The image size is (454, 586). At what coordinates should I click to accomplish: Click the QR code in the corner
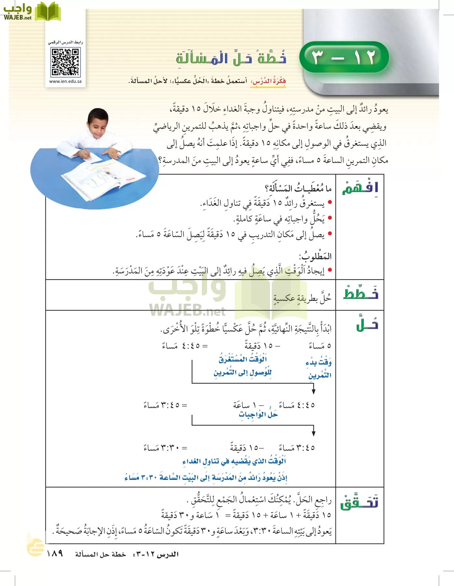[x=65, y=62]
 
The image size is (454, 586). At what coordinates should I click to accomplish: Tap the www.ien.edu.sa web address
[x=65, y=81]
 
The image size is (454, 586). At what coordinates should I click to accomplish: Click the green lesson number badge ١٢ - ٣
[x=344, y=57]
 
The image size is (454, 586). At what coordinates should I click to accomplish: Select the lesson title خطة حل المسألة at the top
[x=231, y=58]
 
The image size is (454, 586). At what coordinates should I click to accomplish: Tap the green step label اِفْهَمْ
[x=360, y=188]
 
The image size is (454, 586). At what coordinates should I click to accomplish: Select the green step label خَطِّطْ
[x=360, y=294]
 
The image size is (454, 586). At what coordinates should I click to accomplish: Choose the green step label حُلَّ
[x=367, y=324]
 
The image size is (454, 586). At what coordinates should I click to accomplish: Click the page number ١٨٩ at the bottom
[x=55, y=554]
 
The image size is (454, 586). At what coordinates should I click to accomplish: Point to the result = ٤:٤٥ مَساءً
[x=184, y=346]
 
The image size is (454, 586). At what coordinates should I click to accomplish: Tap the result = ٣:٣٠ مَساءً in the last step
[x=166, y=448]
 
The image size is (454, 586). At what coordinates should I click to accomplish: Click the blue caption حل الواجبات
[x=258, y=414]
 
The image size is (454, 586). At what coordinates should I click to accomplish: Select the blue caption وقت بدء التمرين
[x=319, y=369]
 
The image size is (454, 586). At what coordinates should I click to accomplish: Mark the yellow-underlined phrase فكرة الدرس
[x=268, y=81]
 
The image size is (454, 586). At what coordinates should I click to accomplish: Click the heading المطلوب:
[x=315, y=256]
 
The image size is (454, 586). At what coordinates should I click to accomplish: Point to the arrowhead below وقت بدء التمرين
[x=314, y=390]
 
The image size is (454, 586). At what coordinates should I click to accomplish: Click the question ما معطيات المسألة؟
[x=298, y=188]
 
